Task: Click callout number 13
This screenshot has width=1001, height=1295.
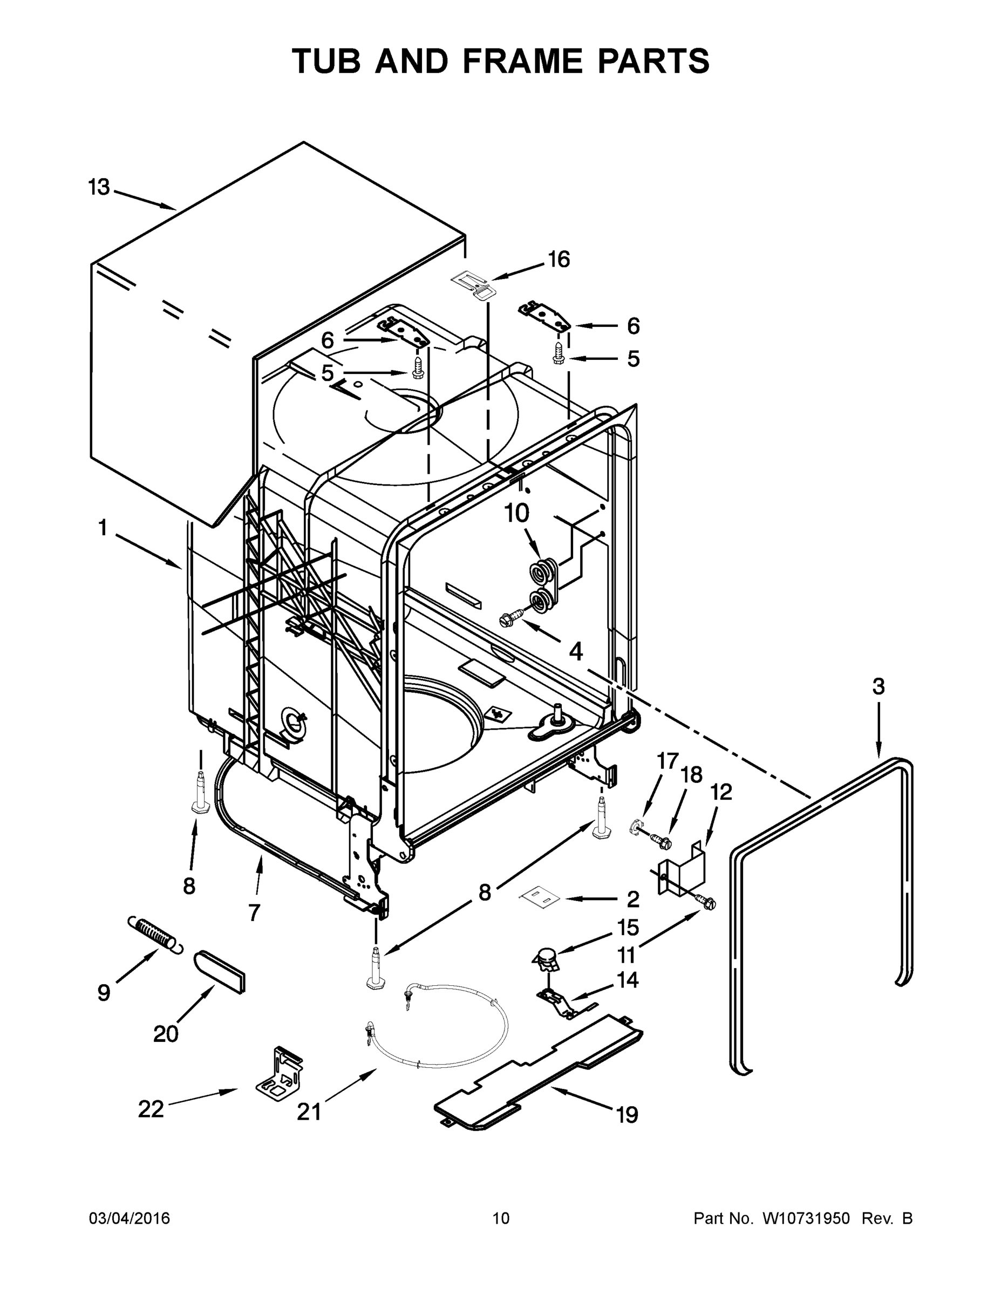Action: [x=99, y=187]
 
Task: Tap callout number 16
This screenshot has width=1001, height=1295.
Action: [x=558, y=259]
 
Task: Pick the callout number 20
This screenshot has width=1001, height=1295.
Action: [x=166, y=1034]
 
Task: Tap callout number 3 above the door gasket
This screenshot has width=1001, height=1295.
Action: [x=879, y=687]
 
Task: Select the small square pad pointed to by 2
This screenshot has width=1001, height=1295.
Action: [x=540, y=898]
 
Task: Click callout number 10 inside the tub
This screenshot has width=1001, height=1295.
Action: [x=516, y=514]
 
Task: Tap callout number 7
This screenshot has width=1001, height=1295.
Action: [x=254, y=912]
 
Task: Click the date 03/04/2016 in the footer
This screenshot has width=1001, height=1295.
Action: [x=130, y=1218]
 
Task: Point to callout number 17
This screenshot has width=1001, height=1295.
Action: [x=667, y=761]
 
